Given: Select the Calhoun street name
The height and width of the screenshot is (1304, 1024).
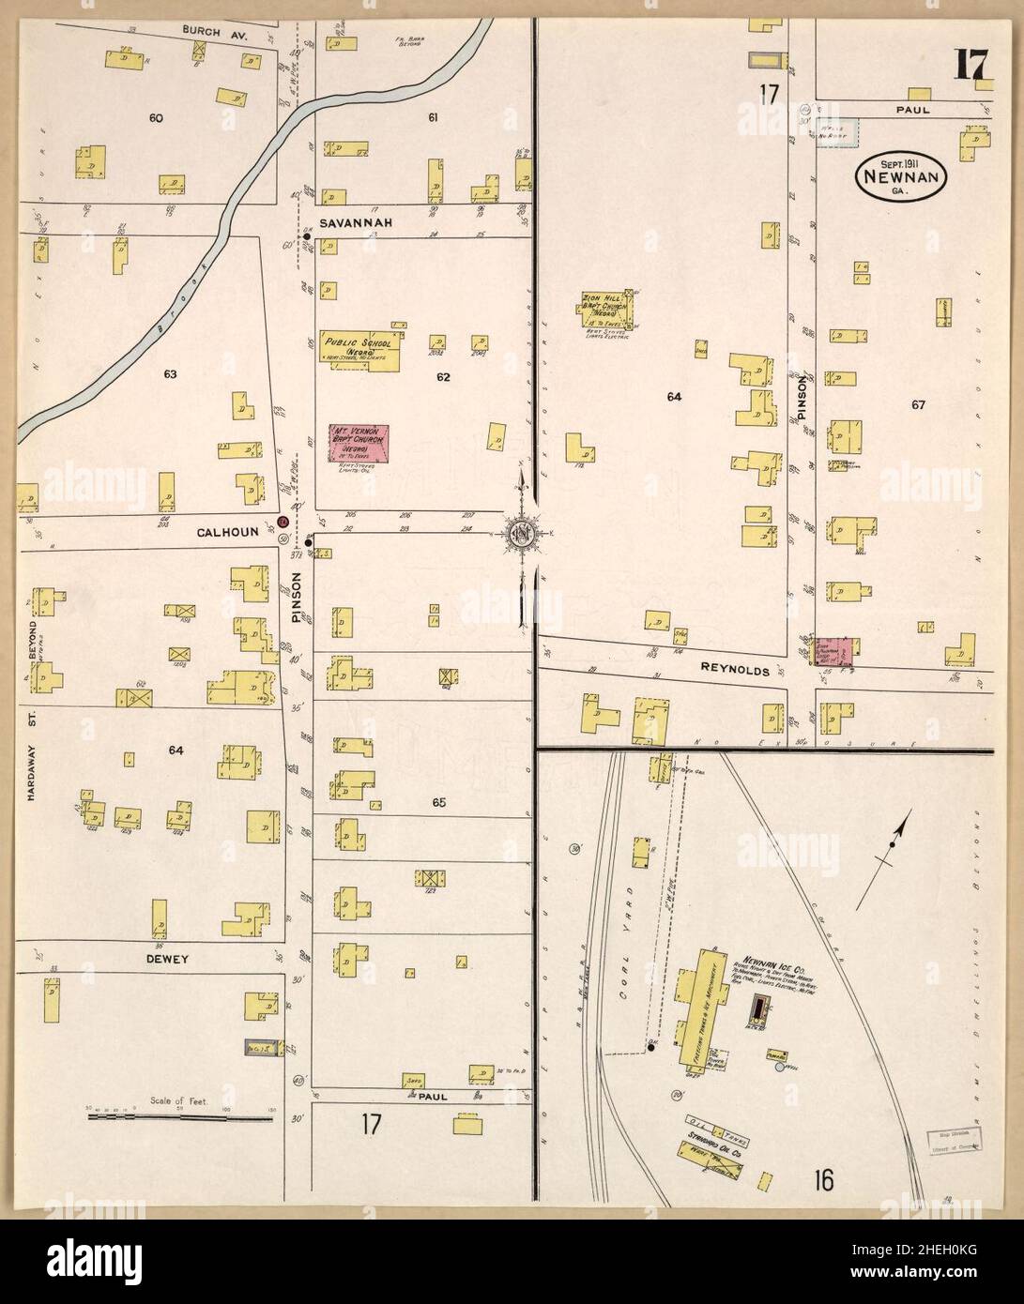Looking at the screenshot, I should (222, 532).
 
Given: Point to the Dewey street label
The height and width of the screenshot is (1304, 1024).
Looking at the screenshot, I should (168, 959).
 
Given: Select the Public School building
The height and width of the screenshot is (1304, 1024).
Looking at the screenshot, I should (360, 349).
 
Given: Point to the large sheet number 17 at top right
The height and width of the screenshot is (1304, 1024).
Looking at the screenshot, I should (969, 66).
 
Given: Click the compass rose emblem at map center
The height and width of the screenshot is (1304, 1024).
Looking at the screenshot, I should (522, 536).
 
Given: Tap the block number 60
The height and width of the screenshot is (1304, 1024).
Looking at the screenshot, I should (156, 118).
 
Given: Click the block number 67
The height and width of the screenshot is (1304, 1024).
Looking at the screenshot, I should (917, 405).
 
